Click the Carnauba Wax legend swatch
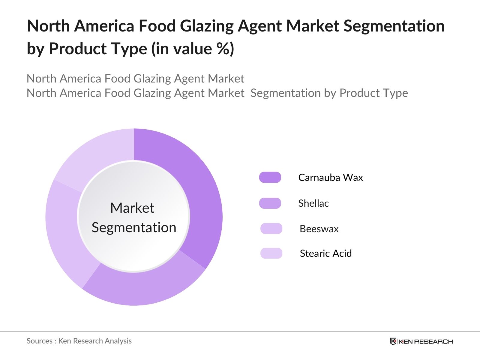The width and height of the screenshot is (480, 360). tap(270, 177)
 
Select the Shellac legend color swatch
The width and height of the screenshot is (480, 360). tap(270, 203)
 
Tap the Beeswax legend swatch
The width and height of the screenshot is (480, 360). tap(271, 229)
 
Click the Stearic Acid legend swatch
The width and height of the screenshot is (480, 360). tap(271, 253)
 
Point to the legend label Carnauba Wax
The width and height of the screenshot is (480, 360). tap(330, 177)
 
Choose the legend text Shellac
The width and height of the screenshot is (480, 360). tap(313, 203)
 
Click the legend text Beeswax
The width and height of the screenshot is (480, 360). tap(319, 229)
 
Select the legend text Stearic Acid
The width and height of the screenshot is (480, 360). tap(325, 253)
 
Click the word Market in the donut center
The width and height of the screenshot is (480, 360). tap(132, 208)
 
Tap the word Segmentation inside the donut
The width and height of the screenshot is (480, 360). tap(134, 227)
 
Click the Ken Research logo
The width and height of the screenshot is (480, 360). tap(421, 341)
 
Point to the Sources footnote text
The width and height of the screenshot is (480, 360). tap(79, 341)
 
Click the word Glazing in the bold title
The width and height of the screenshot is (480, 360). tap(206, 26)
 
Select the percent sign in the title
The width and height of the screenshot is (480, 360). tap(223, 49)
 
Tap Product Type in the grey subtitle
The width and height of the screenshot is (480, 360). tap(373, 93)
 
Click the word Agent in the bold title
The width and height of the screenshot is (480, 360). tap(260, 26)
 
